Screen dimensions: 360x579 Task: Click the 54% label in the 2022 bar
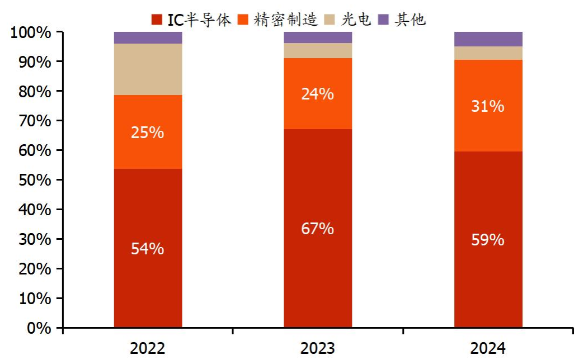[x=148, y=249]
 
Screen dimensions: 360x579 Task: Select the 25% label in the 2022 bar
[x=148, y=132]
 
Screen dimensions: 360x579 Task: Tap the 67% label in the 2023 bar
[x=318, y=229]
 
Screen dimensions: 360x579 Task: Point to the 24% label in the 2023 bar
[x=318, y=94]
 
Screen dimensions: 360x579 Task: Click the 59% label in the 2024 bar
[x=488, y=240]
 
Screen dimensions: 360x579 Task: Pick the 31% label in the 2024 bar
[x=488, y=106]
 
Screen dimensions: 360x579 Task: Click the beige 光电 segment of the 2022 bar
[x=148, y=69]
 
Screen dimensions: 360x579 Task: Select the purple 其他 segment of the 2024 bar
[x=488, y=39]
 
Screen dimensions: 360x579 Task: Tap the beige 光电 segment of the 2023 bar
[x=318, y=50]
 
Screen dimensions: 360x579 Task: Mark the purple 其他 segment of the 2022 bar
[x=148, y=37]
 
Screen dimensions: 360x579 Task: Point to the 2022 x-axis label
[x=148, y=349]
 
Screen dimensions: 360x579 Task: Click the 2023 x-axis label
[x=318, y=349]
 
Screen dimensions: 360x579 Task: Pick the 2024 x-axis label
[x=488, y=349]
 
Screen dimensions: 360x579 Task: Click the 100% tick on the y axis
[x=31, y=32]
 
